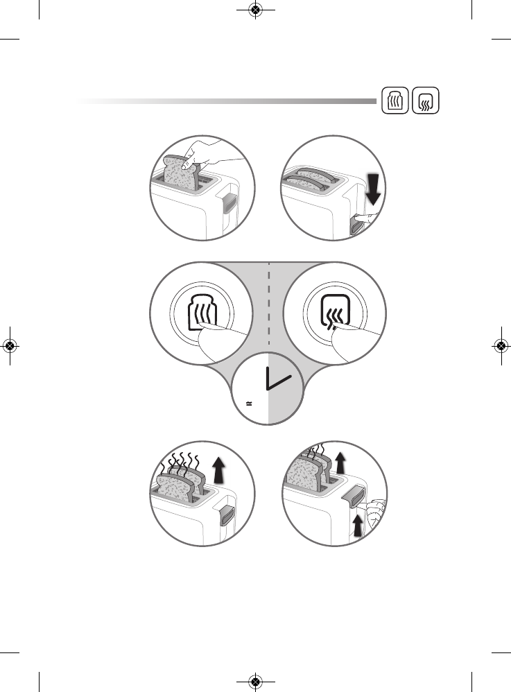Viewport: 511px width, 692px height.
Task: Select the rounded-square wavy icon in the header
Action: click(425, 101)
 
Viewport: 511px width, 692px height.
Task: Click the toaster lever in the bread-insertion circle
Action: click(229, 203)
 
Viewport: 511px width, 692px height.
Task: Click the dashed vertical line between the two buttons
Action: click(269, 305)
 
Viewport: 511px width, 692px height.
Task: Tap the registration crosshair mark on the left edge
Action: click(10, 346)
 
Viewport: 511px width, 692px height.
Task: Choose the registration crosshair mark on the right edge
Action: click(501, 346)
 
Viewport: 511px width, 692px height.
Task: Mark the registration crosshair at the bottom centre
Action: click(255, 682)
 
